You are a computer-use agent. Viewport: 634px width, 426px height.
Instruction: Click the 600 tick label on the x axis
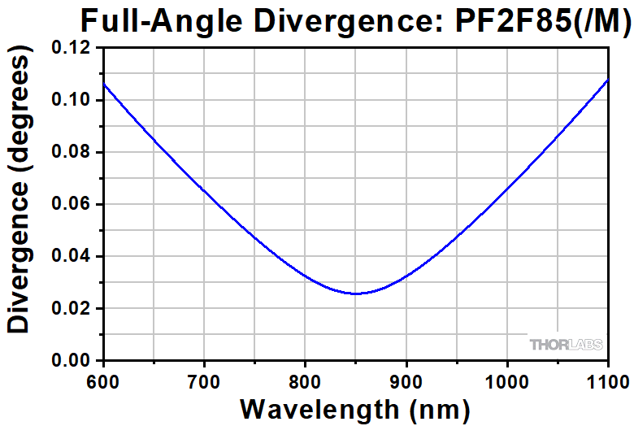[103, 378]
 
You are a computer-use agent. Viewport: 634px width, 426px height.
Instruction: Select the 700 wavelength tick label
[204, 378]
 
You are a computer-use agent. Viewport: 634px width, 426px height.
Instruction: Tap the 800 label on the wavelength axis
[305, 378]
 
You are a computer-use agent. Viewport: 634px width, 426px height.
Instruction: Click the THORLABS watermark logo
[566, 345]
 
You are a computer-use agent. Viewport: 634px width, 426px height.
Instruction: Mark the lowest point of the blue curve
[355, 293]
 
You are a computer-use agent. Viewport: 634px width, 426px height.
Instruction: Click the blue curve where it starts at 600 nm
[104, 85]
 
